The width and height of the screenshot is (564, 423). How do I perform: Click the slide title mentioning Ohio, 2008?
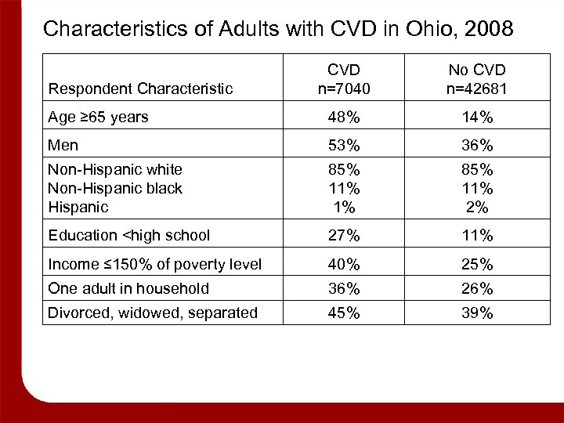click(x=278, y=30)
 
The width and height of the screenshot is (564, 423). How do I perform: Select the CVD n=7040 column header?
click(x=343, y=78)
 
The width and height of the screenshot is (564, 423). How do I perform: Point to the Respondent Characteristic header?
click(x=141, y=89)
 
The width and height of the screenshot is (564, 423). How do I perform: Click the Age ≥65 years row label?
click(x=98, y=118)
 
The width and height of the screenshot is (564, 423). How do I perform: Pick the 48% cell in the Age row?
click(x=343, y=118)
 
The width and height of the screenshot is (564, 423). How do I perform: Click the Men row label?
click(x=63, y=145)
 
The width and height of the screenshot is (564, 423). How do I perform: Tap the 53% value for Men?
click(x=343, y=145)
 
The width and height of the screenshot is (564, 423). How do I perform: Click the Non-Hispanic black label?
click(x=115, y=188)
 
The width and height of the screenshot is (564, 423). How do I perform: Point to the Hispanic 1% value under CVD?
click(x=343, y=207)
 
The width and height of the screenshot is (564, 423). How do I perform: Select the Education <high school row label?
click(x=129, y=235)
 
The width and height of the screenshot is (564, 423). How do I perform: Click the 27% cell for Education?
click(x=343, y=235)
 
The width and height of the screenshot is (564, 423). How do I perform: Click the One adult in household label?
click(x=128, y=288)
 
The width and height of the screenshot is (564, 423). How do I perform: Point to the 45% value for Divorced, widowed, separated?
click(x=343, y=313)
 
